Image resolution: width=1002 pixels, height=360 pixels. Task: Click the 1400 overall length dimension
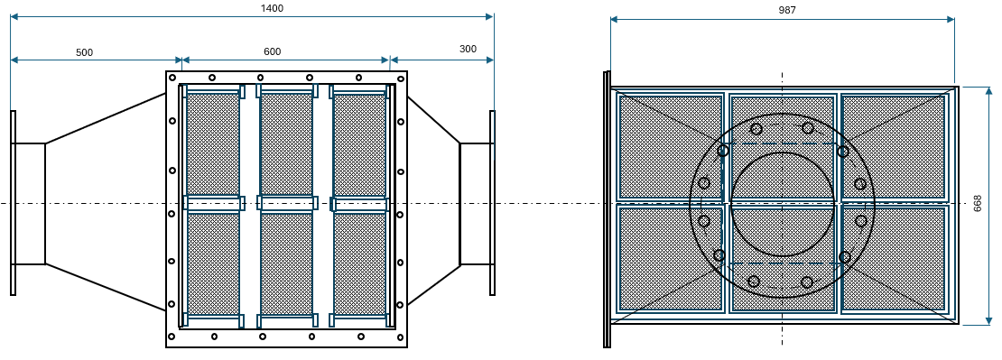(273, 8)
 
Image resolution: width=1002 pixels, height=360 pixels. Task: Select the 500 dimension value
(84, 52)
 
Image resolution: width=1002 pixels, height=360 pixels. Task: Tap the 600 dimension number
(273, 51)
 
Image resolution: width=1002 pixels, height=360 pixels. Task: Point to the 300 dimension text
(468, 49)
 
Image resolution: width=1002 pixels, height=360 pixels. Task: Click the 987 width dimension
(787, 10)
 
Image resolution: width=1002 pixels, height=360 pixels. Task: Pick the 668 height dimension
(978, 204)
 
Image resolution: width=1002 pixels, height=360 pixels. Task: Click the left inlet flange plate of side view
(13, 203)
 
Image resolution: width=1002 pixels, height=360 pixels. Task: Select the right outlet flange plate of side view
(492, 203)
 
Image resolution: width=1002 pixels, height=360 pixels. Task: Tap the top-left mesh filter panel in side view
(213, 145)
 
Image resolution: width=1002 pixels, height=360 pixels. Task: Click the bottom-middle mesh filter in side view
(287, 263)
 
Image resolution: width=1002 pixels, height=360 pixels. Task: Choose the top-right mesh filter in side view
(360, 145)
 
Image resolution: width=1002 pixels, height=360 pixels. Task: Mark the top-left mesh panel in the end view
(671, 147)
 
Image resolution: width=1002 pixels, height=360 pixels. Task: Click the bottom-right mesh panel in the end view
(894, 259)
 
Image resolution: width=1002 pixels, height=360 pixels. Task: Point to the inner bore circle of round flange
(783, 152)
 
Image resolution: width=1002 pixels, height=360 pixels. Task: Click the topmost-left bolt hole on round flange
(756, 129)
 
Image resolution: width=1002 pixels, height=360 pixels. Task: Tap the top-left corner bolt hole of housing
(172, 79)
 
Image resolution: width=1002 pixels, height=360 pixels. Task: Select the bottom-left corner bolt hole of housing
(172, 337)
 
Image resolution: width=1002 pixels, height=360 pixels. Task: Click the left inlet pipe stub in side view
(30, 204)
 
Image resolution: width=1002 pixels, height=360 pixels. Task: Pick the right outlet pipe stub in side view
(475, 204)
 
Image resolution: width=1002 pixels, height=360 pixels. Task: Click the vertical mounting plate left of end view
(607, 209)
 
